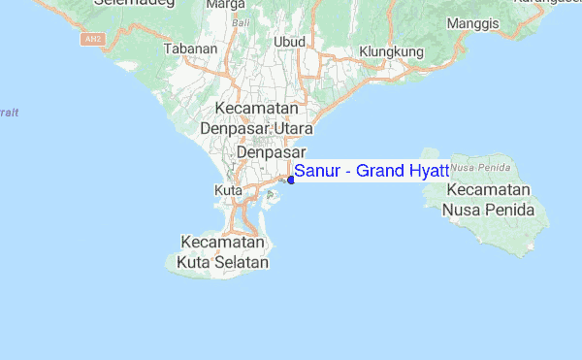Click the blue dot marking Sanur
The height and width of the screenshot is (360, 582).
point(291,180)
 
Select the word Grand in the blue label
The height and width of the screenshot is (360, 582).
point(380,172)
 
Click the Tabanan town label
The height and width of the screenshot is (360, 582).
point(191,48)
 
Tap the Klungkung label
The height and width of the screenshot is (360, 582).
point(392,50)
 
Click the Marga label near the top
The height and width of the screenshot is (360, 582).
point(225,4)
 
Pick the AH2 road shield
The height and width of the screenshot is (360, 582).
point(91,39)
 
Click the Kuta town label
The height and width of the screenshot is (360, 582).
point(227,191)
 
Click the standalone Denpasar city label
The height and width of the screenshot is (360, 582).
point(272,153)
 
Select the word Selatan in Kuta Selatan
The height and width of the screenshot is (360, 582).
point(241,262)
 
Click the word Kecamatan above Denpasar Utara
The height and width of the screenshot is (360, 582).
point(256,109)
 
